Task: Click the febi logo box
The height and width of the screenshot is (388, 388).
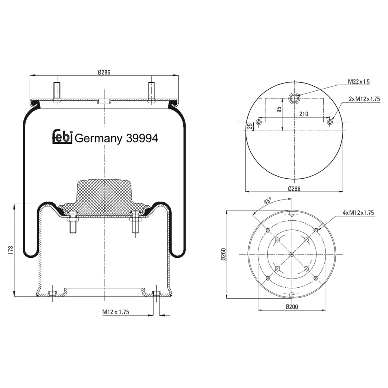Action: [62, 136]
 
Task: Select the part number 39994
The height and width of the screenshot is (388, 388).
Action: [142, 138]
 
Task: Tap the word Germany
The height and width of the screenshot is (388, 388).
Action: [98, 139]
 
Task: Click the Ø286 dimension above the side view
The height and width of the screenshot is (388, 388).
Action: [104, 72]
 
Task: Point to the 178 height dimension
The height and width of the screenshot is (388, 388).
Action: [11, 250]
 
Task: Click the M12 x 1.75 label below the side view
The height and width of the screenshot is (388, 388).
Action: [115, 312]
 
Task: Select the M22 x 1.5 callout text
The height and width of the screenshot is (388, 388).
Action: [358, 82]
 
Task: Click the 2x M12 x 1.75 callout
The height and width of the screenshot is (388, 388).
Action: [364, 99]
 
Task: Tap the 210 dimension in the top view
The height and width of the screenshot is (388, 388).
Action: [304, 114]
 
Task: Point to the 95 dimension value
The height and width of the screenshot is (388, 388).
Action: [279, 110]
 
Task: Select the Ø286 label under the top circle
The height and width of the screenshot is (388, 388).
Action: [294, 189]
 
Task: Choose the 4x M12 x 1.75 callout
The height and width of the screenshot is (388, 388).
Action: [358, 213]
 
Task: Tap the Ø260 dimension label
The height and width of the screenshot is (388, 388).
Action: [223, 254]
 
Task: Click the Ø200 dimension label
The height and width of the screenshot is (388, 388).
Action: [291, 307]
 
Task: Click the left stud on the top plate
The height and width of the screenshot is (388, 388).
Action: [57, 92]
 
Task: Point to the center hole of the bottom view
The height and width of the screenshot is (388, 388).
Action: [292, 254]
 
